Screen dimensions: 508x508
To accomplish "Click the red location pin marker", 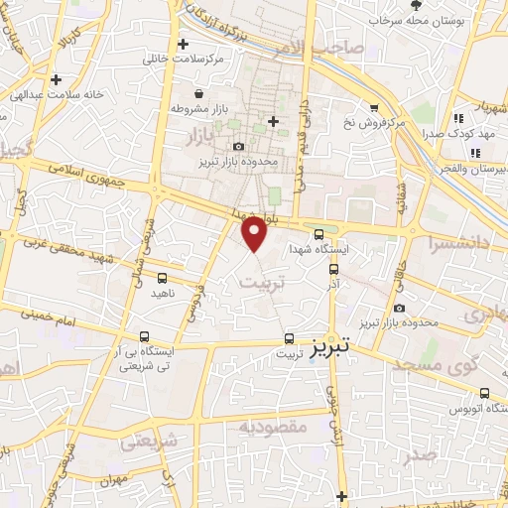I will tap(256, 234).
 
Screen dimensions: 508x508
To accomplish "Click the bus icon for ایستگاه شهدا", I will tap(318, 235).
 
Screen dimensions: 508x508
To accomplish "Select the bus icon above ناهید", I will tap(162, 279).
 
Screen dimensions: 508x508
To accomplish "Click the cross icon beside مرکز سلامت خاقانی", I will tap(183, 44).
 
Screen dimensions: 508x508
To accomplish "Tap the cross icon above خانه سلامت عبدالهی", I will tap(56, 79).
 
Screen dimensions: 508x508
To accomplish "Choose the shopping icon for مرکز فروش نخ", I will tap(374, 107).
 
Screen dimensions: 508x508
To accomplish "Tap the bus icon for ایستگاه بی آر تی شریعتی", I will tap(146, 336).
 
